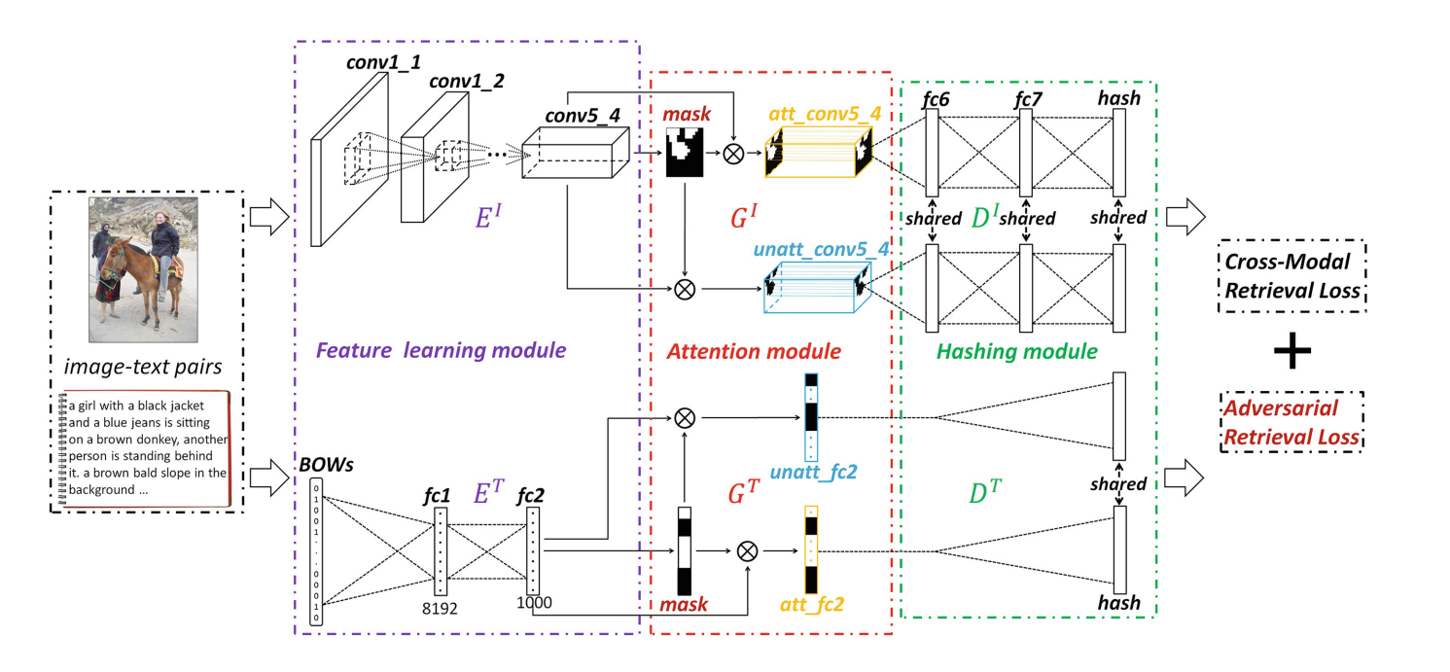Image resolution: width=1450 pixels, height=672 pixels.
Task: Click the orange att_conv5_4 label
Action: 824,115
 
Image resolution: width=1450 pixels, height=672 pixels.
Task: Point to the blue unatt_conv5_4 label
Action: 821,252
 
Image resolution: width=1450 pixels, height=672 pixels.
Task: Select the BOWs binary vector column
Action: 315,553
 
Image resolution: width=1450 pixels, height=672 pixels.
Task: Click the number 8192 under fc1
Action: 438,609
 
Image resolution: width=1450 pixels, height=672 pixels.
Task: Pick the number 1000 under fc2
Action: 535,603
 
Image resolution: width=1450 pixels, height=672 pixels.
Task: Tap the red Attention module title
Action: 754,350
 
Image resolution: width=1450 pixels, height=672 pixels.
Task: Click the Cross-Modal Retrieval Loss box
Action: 1292,277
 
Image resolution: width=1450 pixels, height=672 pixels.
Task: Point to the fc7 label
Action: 1027,98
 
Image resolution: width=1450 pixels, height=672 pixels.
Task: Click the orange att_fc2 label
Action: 812,604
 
